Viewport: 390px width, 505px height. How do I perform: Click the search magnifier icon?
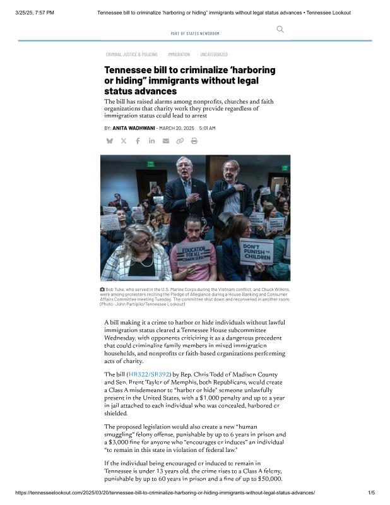click(x=280, y=29)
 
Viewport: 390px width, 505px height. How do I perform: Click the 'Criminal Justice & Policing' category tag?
click(x=131, y=54)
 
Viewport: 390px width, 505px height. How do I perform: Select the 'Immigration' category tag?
click(x=179, y=54)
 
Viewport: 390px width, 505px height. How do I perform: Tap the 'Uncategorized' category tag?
click(x=214, y=54)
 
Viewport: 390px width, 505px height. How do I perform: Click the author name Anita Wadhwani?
click(x=134, y=128)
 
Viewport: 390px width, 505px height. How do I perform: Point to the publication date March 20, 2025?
click(x=177, y=128)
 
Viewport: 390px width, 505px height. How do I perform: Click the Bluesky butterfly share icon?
click(x=109, y=141)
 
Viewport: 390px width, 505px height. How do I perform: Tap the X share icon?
click(x=124, y=141)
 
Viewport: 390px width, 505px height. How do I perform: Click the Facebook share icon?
click(x=138, y=141)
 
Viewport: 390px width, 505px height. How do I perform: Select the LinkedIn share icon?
click(x=151, y=141)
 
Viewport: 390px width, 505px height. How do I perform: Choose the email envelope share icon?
click(x=165, y=141)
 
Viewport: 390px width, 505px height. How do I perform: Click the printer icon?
click(x=194, y=141)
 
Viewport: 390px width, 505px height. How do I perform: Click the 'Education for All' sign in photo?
click(x=192, y=253)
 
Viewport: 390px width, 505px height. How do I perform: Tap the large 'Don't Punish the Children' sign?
click(x=257, y=251)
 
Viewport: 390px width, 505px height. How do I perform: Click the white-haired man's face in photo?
click(x=184, y=167)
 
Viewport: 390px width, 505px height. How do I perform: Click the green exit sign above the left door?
click(x=150, y=164)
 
